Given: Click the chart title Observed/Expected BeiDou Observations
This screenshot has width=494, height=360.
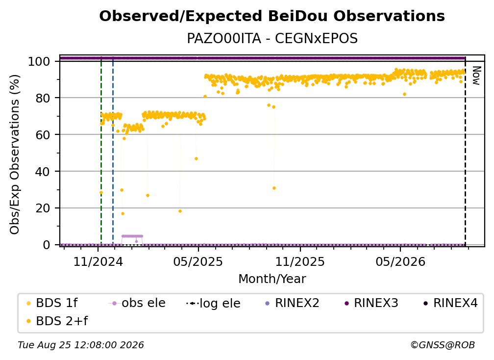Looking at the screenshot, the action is point(272,16).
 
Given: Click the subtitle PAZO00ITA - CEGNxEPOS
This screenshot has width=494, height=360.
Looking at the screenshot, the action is point(272,39).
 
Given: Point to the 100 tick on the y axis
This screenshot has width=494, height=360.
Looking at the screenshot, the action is point(39,61).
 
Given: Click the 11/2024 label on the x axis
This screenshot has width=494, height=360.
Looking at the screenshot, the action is point(98,261).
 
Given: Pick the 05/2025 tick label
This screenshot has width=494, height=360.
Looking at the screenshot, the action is point(198,261).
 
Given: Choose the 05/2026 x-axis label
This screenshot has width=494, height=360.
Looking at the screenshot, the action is point(400,261).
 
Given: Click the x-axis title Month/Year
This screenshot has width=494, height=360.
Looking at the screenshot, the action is point(272,279).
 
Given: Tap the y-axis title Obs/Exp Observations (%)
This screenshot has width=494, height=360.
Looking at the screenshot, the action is point(15,154).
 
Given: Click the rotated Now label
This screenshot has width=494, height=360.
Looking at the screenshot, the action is point(476,76).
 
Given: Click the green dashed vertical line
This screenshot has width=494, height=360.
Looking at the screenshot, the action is point(101,151).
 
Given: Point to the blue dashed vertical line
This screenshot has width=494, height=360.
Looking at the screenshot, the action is point(113,151).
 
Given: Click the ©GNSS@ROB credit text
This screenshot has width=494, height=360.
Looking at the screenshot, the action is point(443,345).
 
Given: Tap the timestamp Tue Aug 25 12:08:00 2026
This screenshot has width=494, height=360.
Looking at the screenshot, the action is point(81,345).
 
